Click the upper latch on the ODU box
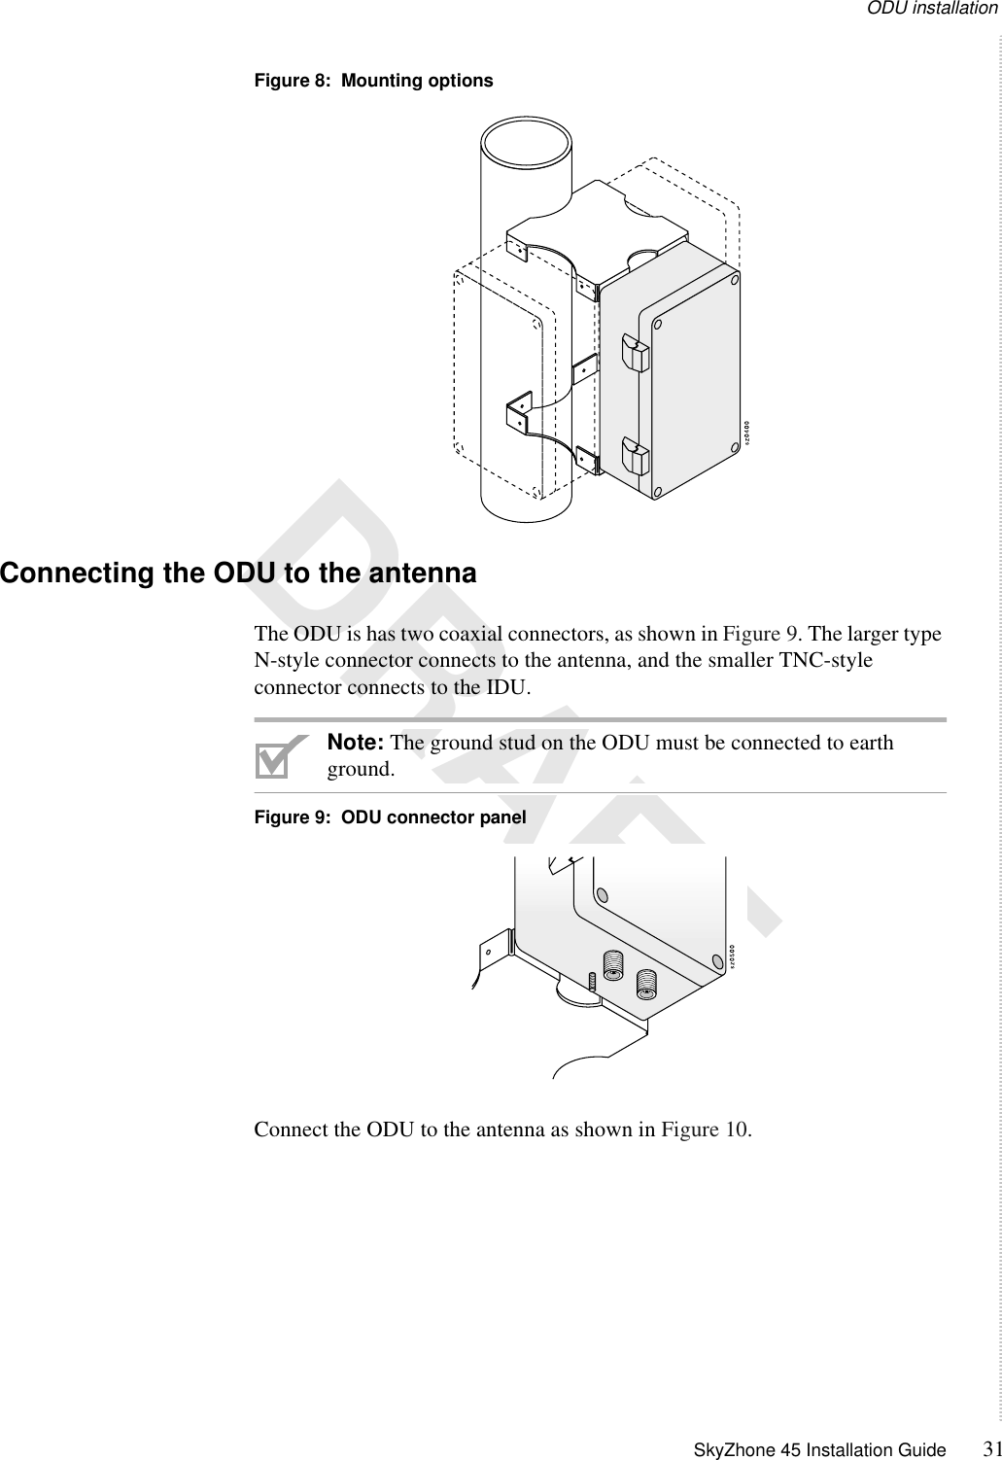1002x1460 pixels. (x=634, y=353)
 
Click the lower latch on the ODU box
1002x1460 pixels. (x=634, y=458)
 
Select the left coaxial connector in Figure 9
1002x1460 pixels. (x=613, y=966)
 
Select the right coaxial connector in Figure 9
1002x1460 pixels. (x=646, y=984)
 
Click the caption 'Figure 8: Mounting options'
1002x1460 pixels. (x=373, y=81)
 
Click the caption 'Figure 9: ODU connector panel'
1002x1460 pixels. (x=390, y=817)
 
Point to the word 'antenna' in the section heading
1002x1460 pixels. (x=425, y=574)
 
